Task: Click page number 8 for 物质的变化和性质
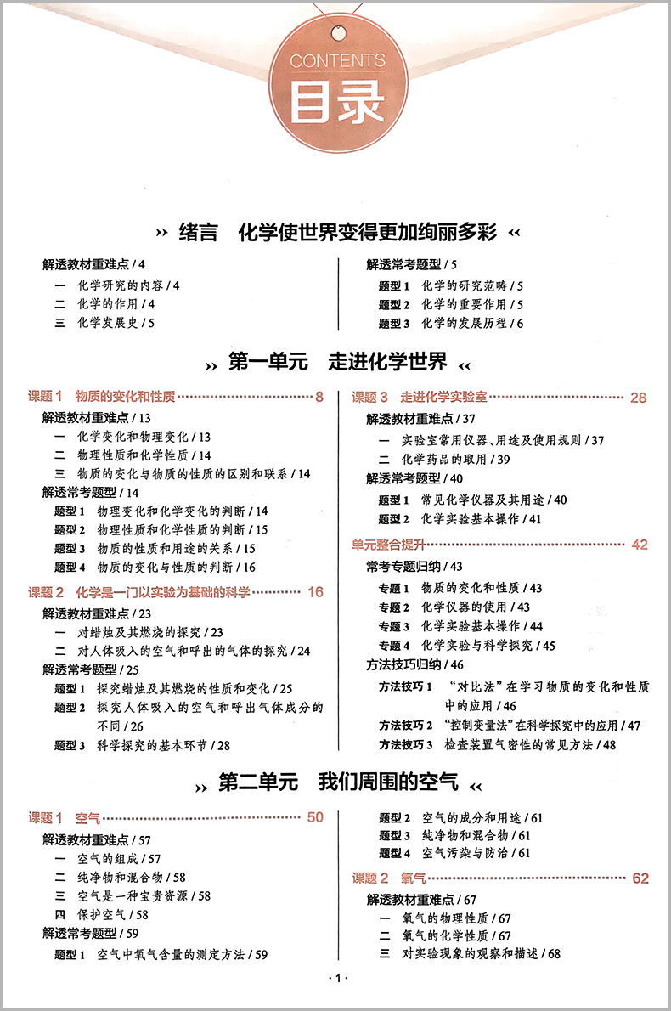point(319,397)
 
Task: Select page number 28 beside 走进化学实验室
point(639,397)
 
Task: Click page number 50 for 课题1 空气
point(315,817)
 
